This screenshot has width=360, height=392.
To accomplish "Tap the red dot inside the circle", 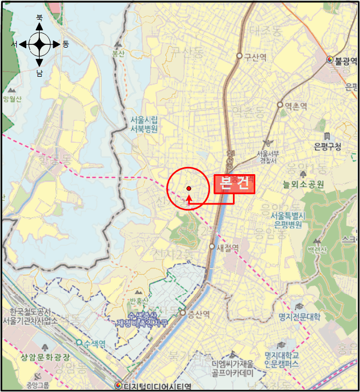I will pos(189,189).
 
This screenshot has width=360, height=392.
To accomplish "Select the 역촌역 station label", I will pos(296,105).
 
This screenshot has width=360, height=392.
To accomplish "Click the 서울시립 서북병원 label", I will pos(144,124).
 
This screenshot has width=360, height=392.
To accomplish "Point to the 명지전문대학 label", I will pos(299,317).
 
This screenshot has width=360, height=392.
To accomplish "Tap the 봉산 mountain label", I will pos(118,54).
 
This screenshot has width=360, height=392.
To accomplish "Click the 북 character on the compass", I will pos(39,18).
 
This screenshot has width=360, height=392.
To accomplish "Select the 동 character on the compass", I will pos(66,44).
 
